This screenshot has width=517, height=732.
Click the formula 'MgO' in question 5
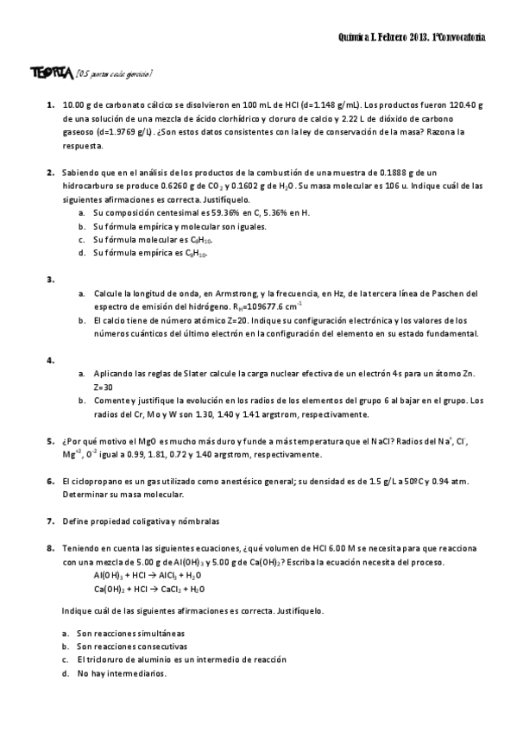click(x=137, y=440)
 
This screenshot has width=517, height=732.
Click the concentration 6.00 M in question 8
click(x=319, y=548)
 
